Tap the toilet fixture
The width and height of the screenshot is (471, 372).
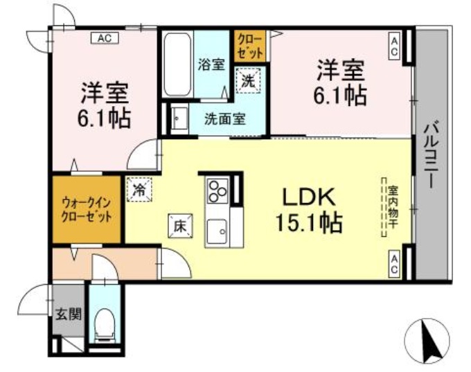[105, 323]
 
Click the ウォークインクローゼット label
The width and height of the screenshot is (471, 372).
[87, 209]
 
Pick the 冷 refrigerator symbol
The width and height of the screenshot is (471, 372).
[139, 189]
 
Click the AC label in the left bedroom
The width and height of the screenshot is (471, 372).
[104, 38]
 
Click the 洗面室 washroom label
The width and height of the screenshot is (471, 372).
[225, 118]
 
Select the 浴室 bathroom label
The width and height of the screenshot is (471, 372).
[211, 65]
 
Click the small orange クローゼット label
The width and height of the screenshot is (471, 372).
[250, 46]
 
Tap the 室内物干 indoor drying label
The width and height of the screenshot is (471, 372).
[392, 207]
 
